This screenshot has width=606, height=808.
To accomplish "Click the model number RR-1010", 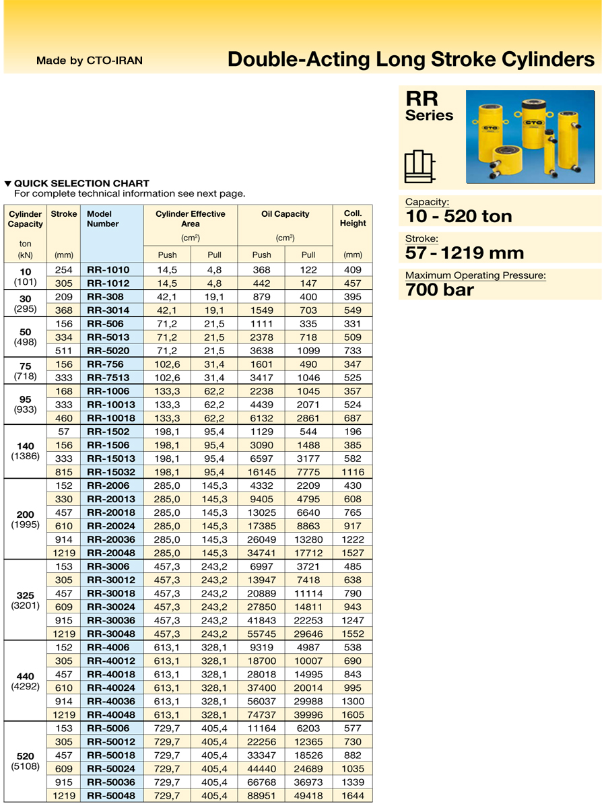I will [108, 270].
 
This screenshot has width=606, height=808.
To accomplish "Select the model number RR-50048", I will [111, 796].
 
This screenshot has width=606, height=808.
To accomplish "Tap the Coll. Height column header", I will [353, 219].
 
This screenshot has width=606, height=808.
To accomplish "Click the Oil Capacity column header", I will [285, 214].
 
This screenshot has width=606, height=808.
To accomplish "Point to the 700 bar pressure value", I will [440, 290].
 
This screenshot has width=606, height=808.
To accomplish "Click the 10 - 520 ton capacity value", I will [459, 216].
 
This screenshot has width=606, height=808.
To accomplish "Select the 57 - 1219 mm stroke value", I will [464, 253].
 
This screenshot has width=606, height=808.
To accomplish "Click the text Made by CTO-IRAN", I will [90, 61].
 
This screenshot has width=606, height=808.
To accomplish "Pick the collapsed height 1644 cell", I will [353, 796].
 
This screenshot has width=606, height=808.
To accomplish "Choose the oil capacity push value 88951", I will [261, 796].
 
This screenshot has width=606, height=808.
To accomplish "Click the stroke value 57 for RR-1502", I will [64, 432].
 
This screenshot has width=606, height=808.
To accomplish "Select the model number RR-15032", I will [111, 472].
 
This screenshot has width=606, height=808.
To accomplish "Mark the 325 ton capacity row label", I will [25, 595].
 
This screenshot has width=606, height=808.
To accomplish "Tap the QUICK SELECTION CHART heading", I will [81, 183].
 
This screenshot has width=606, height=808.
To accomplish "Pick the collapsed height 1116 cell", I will [353, 472].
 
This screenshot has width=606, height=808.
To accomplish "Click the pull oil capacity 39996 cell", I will [308, 715].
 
